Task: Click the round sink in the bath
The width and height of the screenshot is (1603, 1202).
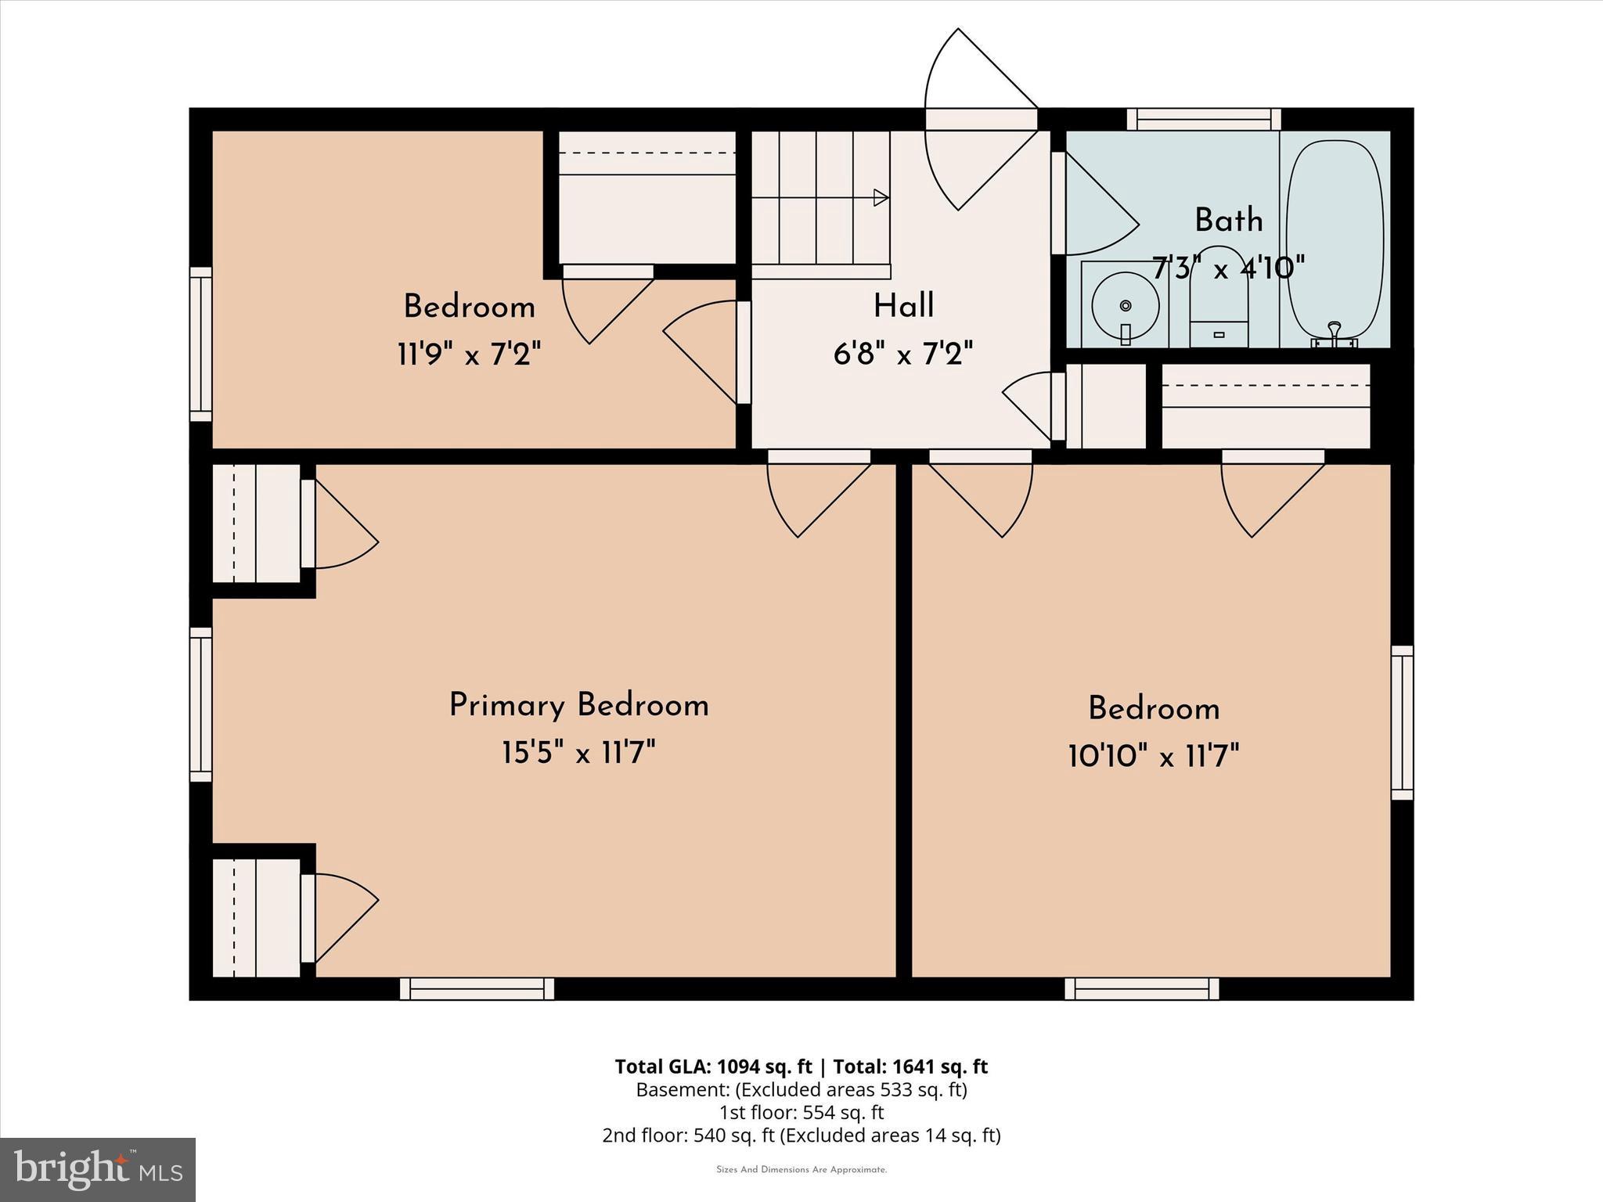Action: coord(1125,306)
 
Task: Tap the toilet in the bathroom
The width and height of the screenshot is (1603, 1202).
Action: coord(1218,301)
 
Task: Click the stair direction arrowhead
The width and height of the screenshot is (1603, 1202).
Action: coord(881,198)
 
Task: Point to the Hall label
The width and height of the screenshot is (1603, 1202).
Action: coord(903,306)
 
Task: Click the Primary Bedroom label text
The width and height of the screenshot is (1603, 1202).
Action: coord(578,706)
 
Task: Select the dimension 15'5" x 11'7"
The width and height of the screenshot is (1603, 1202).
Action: coord(578,754)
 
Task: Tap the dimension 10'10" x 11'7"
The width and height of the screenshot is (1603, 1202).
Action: coord(1153,757)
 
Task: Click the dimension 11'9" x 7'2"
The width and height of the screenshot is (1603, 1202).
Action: coord(469,355)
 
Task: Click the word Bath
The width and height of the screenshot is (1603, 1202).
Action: coord(1228,221)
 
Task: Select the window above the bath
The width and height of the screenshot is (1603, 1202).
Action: coord(1204,119)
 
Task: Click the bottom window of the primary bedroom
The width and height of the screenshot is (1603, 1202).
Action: coord(477,988)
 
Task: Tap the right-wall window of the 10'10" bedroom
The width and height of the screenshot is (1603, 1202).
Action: coord(1402,722)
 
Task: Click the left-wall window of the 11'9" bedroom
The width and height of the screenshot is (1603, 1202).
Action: coord(201,344)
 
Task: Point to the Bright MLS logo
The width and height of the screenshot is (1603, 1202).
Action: coord(98,1170)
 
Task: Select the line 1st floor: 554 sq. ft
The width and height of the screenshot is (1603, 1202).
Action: coord(801,1112)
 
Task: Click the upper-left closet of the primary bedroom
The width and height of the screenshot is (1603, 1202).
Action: coord(256,523)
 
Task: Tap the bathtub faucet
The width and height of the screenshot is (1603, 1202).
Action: coord(1335,334)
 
